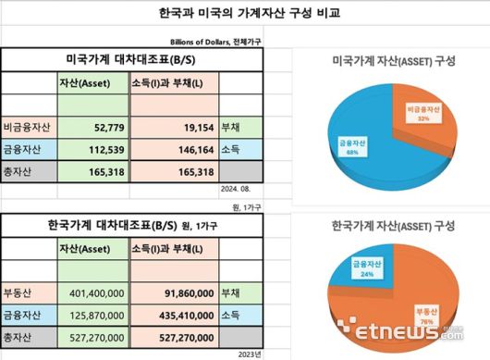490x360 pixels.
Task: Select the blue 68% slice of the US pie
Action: coord(356,143)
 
